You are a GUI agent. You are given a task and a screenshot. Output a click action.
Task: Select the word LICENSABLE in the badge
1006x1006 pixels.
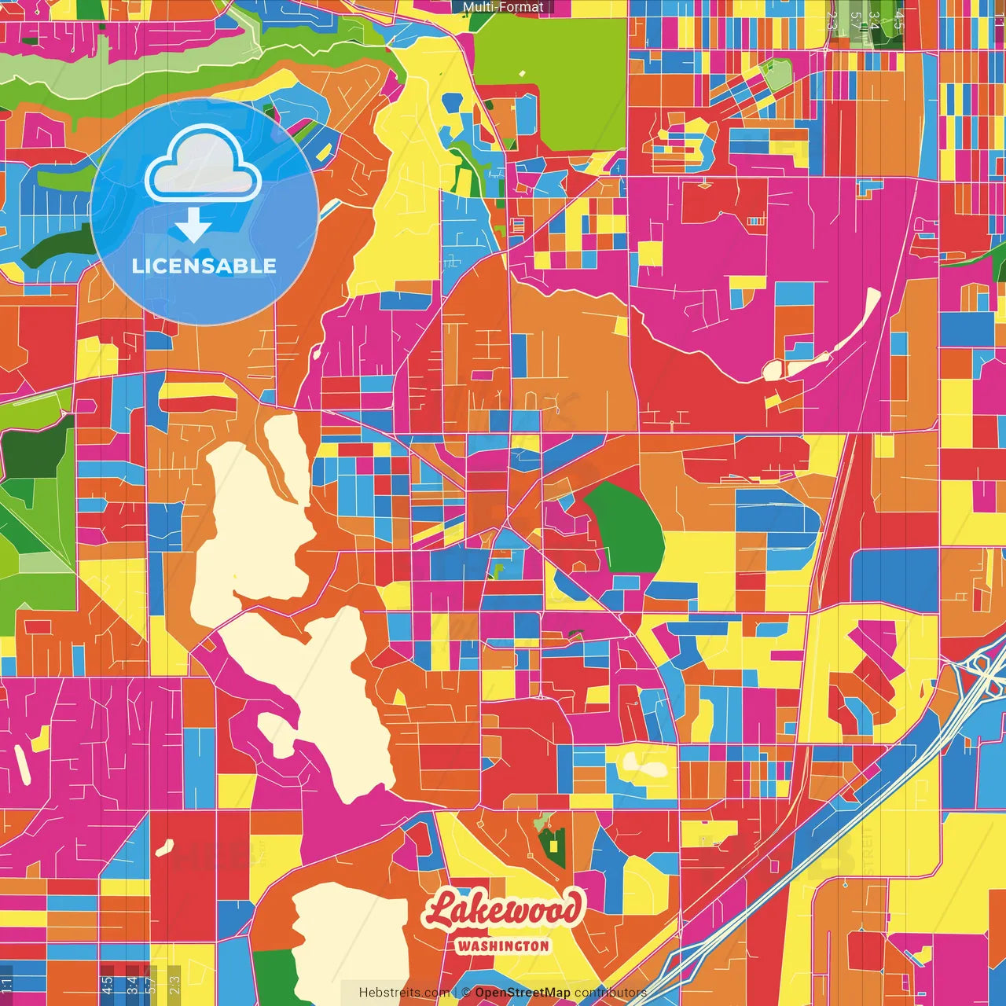204,266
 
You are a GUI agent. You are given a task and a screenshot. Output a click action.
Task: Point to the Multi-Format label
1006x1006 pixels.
503,7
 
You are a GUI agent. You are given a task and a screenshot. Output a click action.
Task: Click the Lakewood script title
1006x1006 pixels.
504,911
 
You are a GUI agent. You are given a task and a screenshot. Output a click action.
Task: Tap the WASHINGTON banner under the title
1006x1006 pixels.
503,946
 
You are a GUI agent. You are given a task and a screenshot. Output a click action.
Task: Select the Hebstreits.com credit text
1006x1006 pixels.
404,993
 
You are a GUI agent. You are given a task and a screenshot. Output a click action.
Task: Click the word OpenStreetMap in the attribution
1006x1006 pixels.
522,993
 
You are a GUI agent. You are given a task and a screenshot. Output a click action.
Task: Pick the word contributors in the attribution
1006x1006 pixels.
610,993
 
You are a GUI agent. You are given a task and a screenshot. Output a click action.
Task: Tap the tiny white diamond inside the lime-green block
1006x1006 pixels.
521,75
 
